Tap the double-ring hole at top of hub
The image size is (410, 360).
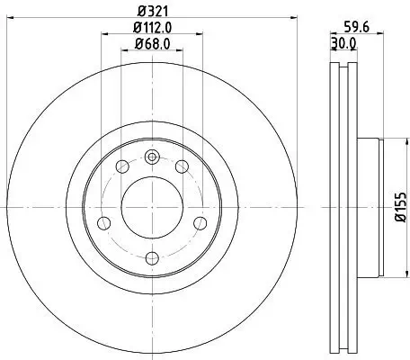pyautogui.click(x=151, y=158)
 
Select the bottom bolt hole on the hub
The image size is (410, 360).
pyautogui.click(x=151, y=253)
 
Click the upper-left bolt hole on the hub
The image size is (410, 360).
pyautogui.click(x=121, y=167)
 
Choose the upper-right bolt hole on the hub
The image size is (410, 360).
pyautogui.click(x=182, y=167)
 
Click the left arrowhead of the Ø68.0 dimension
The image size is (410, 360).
pyautogui.click(x=122, y=52)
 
